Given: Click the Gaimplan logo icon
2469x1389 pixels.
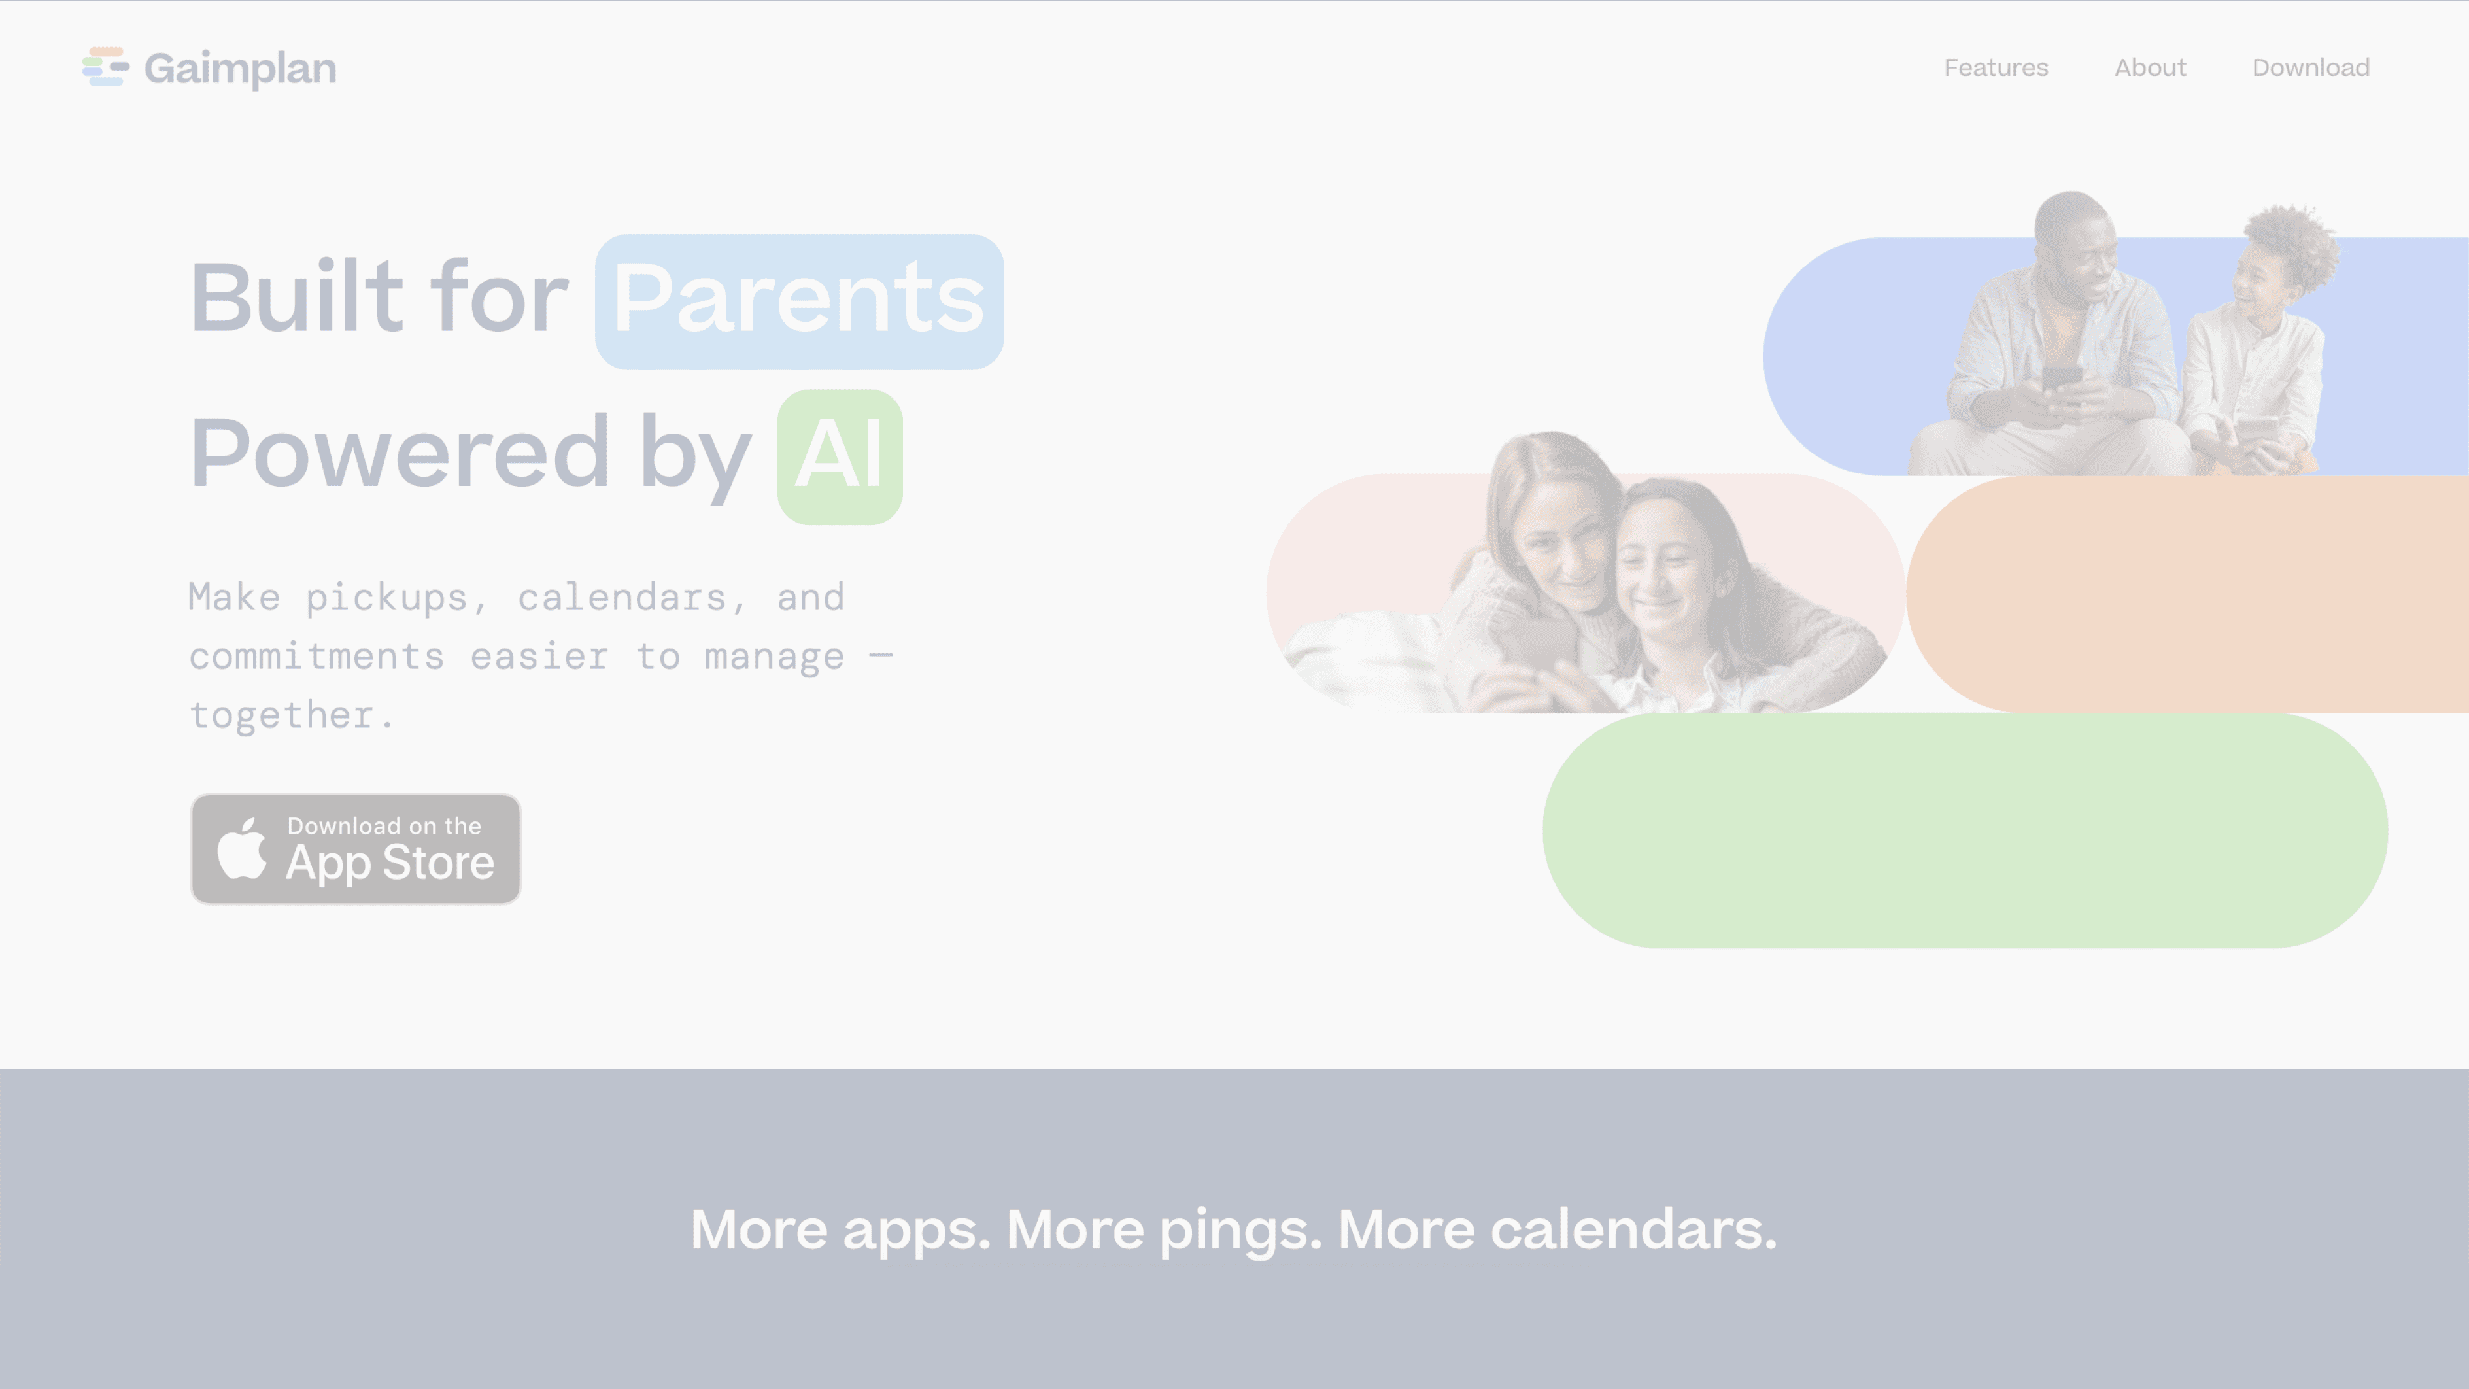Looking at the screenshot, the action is (x=105, y=67).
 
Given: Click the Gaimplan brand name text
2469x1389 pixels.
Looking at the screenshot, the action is (x=241, y=69).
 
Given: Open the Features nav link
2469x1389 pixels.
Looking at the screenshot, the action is (x=1996, y=68).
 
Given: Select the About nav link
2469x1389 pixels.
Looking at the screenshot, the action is (x=2150, y=68).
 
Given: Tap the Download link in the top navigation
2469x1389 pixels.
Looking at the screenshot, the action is (x=2311, y=68).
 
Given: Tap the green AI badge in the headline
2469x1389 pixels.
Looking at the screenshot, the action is (x=840, y=456).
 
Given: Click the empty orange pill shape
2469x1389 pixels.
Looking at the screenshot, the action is (x=2187, y=594).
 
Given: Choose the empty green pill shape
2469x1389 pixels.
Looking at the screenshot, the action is (x=1965, y=830).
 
